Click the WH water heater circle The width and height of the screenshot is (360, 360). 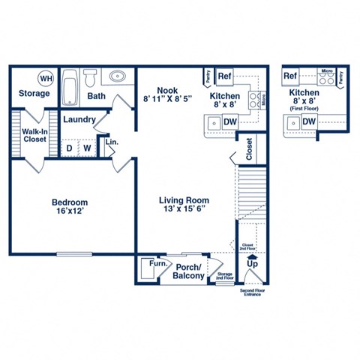46,78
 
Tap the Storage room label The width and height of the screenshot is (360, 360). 33,94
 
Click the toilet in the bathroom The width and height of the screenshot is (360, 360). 89,77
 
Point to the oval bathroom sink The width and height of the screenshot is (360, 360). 117,76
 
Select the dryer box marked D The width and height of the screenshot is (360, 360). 70,148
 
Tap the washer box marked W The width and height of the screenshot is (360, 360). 87,148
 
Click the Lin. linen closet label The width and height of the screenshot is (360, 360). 110,142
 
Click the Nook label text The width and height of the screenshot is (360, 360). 166,91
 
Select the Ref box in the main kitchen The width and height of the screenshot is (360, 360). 224,76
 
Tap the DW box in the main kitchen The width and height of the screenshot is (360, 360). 230,121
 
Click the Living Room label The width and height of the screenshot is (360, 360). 184,201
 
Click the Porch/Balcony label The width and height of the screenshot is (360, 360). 190,271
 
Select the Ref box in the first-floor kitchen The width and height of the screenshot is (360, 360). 290,76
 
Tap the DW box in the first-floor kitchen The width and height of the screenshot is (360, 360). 308,121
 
